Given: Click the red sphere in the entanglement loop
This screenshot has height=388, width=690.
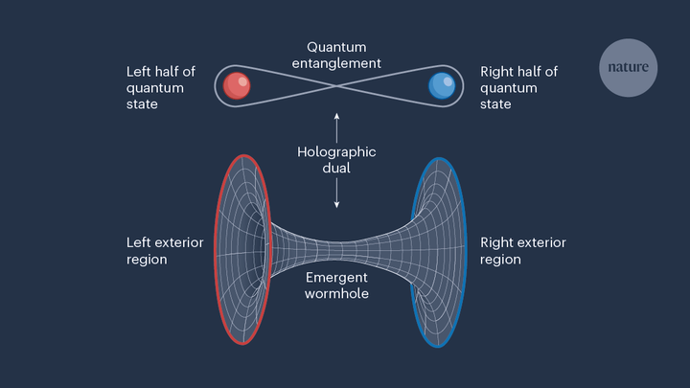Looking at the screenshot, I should tap(237, 87).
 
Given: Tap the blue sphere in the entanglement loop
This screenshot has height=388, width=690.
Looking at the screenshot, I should tap(443, 87).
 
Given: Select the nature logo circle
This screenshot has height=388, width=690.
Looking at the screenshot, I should tap(629, 68).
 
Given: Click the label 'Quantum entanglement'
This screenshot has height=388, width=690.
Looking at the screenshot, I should tap(336, 55).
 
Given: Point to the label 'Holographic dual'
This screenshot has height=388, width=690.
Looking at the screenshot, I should tap(336, 160).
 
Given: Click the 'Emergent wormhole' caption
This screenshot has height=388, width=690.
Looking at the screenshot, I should tap(336, 285).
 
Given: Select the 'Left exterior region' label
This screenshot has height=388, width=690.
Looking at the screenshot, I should tap(165, 251).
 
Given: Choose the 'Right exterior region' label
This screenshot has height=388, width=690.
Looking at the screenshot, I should tap(523, 251).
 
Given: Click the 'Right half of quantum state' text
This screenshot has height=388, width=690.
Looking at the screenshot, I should tap(518, 87).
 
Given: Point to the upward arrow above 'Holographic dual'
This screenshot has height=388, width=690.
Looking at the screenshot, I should tap(337, 126).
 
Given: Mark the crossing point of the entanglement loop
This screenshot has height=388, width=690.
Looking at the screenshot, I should tap(337, 87).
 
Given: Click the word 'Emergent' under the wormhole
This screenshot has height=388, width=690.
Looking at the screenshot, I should tap(336, 278).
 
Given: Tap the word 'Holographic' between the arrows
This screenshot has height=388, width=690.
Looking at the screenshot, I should tap(336, 152).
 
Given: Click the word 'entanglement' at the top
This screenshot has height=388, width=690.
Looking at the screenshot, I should tap(336, 63).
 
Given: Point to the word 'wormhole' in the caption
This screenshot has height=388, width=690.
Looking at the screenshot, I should tap(336, 294).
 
